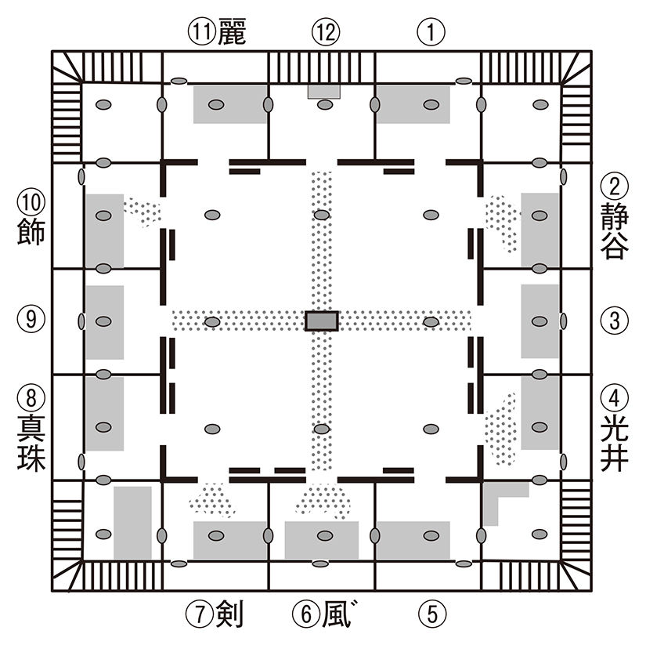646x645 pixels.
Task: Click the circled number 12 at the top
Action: [323, 32]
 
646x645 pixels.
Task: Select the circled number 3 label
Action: [615, 320]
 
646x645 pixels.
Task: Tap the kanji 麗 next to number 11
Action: [231, 33]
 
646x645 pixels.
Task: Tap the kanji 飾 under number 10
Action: [30, 233]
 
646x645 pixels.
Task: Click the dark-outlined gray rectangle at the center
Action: [322, 321]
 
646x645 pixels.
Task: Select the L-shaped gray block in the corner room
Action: [498, 500]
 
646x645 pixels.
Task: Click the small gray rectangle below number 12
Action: [323, 92]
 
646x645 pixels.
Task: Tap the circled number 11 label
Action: [201, 33]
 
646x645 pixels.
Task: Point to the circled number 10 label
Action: [30, 202]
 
